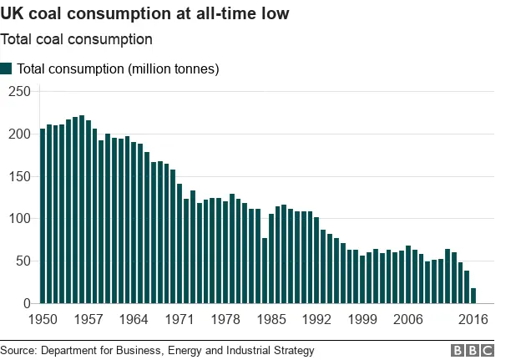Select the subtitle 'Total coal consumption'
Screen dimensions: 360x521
click(x=76, y=39)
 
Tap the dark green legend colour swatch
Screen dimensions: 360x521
click(x=7, y=68)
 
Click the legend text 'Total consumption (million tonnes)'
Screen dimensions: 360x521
click(x=118, y=69)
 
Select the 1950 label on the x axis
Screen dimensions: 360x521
click(x=43, y=320)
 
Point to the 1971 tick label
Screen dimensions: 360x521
click(x=180, y=320)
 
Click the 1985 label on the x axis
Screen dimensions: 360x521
click(x=271, y=320)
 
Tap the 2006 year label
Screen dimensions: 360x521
click(x=407, y=320)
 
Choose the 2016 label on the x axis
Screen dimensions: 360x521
click(x=473, y=320)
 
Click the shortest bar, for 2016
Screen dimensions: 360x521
click(x=474, y=296)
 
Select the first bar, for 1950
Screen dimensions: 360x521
click(x=43, y=216)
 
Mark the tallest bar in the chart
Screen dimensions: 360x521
click(x=82, y=210)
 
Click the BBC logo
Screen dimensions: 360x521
click(x=473, y=351)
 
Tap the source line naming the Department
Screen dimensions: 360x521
click(x=157, y=351)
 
